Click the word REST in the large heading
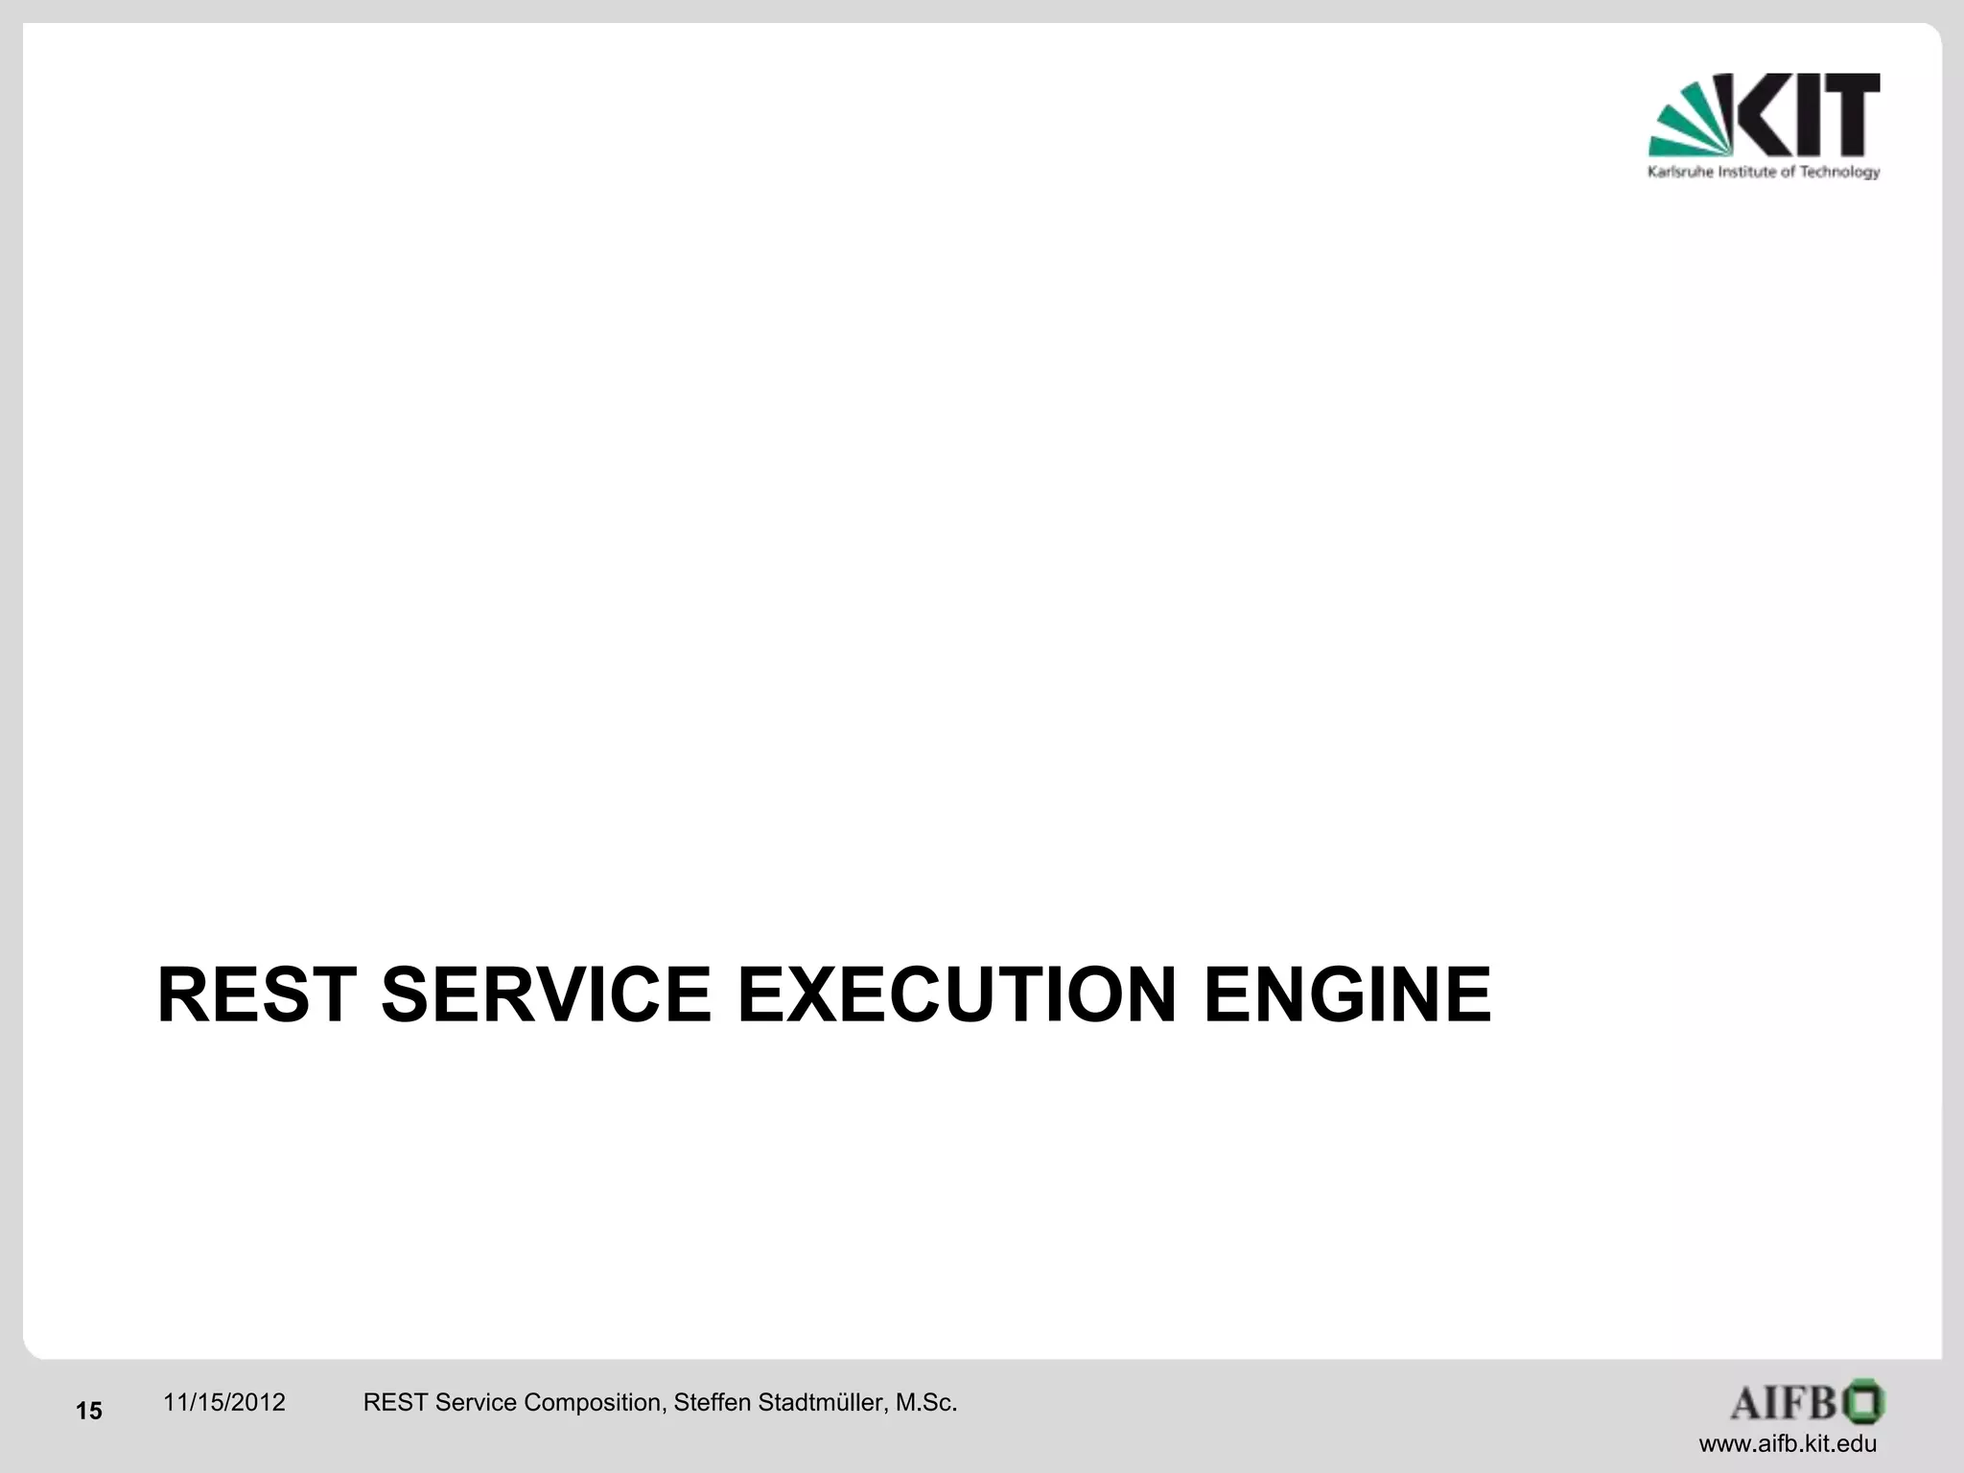point(257,995)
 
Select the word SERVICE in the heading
point(546,995)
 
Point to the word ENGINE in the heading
point(1346,995)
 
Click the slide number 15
point(89,1411)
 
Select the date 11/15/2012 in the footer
point(224,1403)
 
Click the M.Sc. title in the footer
point(925,1403)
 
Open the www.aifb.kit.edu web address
point(1788,1444)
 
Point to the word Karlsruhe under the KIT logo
point(1675,173)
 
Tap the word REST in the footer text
point(395,1403)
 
